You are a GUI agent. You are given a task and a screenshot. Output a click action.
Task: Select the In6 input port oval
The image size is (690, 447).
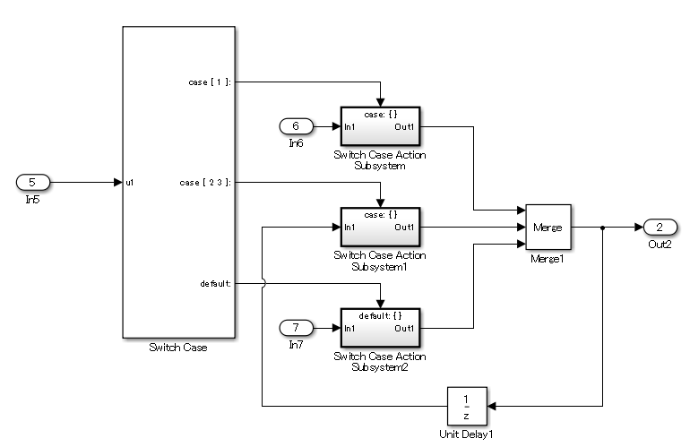(297, 126)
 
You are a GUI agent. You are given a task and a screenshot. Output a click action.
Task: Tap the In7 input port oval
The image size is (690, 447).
(297, 328)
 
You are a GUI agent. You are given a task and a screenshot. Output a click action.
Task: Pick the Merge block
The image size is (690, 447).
(547, 228)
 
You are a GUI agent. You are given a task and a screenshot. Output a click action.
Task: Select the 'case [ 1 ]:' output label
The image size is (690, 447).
(210, 82)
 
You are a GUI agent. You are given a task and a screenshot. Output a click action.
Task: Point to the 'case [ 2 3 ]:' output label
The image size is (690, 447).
(205, 182)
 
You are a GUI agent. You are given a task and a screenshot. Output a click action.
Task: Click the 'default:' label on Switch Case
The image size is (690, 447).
(216, 283)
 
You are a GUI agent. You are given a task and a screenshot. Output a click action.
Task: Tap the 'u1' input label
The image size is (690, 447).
(130, 183)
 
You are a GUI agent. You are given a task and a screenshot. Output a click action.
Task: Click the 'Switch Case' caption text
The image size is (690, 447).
(178, 347)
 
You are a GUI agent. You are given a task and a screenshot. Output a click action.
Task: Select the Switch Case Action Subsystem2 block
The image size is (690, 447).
(380, 328)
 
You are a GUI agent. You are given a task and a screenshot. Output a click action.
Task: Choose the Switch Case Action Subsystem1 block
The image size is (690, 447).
(380, 228)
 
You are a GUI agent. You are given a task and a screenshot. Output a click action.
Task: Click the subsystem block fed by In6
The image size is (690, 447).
(380, 126)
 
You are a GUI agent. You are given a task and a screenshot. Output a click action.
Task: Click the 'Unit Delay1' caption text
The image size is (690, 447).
(466, 434)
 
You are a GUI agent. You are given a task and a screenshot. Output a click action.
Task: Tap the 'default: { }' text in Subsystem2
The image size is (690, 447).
(380, 315)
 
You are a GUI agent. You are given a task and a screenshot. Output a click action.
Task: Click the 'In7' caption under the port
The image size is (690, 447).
(297, 345)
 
